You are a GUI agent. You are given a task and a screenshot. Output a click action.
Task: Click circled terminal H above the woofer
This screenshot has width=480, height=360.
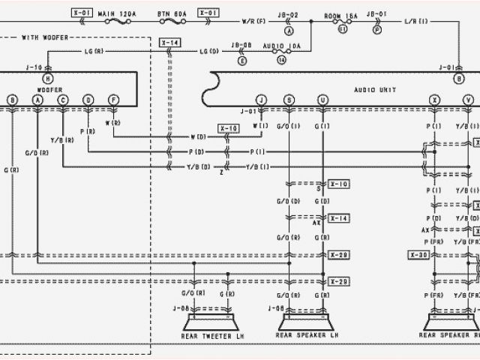coord(49,79)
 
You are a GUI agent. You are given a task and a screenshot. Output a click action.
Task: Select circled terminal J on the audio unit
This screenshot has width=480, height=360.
coord(261,99)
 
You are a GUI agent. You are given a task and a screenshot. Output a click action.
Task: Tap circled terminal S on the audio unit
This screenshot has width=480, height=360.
coord(289,99)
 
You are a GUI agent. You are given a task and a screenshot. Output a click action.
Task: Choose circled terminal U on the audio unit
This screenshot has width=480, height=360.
coord(323,99)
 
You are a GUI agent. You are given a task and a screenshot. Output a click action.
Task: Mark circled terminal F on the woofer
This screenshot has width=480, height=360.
coord(113,99)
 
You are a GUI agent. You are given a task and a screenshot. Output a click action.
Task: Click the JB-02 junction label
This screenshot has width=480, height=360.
coord(288,14)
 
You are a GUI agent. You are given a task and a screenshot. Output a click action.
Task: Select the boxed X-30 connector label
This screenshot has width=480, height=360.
coord(418,254)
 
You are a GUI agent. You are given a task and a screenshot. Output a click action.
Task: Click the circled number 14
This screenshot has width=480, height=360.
coord(280,58)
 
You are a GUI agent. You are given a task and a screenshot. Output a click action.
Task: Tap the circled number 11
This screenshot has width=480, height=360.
coord(342,30)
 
